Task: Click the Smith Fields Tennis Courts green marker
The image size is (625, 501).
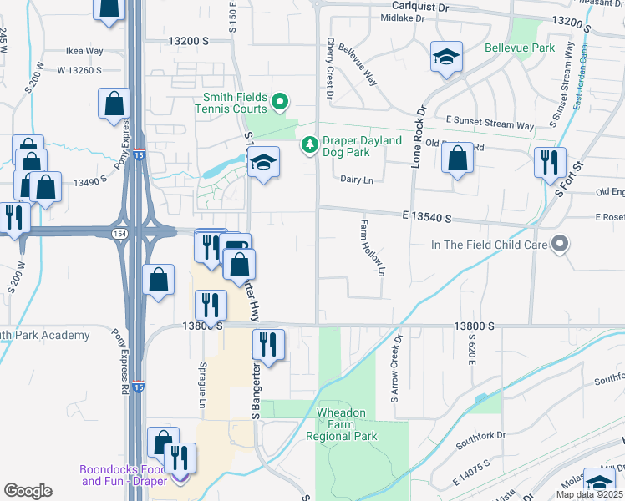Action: pos(280,103)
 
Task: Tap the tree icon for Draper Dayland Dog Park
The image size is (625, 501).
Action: pos(310,146)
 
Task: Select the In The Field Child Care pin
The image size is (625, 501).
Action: pos(560,245)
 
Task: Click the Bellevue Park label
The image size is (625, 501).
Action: pos(520,48)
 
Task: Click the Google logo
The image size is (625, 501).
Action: pos(28,491)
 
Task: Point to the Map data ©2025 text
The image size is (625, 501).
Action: pos(588,494)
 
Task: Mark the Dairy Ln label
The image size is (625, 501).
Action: pos(356,179)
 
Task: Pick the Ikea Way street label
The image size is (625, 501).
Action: pos(84,51)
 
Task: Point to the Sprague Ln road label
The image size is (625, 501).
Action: pos(202,384)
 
